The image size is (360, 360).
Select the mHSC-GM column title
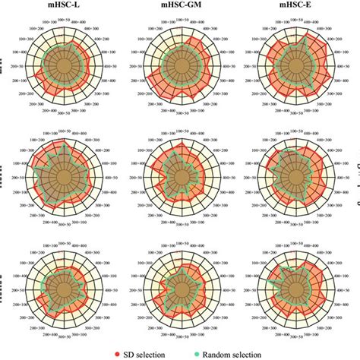click(182, 6)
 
